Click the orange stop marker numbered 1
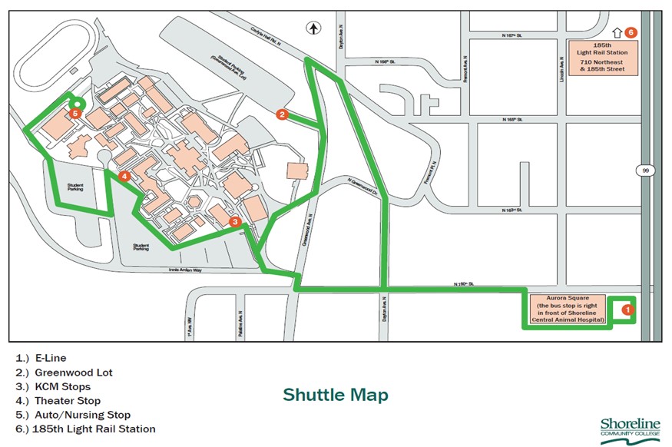click(627, 310)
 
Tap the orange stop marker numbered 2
click(282, 115)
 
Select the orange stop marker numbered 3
click(236, 221)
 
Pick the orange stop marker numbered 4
click(124, 176)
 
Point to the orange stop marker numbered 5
click(74, 114)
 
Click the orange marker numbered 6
click(631, 32)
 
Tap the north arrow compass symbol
click(313, 28)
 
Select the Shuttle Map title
click(336, 395)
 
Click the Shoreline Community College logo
click(629, 429)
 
